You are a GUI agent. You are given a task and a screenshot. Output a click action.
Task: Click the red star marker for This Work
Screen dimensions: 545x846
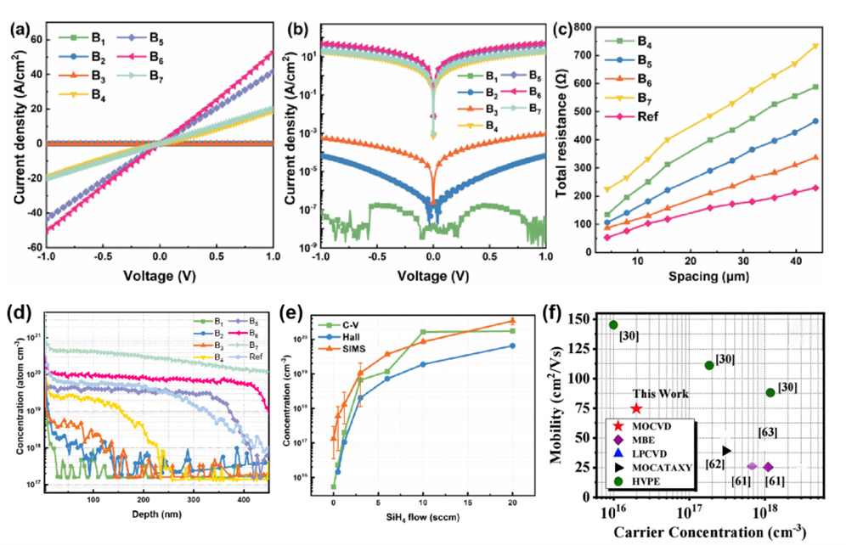636,408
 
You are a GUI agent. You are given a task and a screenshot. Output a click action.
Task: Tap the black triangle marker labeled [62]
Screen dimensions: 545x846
726,451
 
